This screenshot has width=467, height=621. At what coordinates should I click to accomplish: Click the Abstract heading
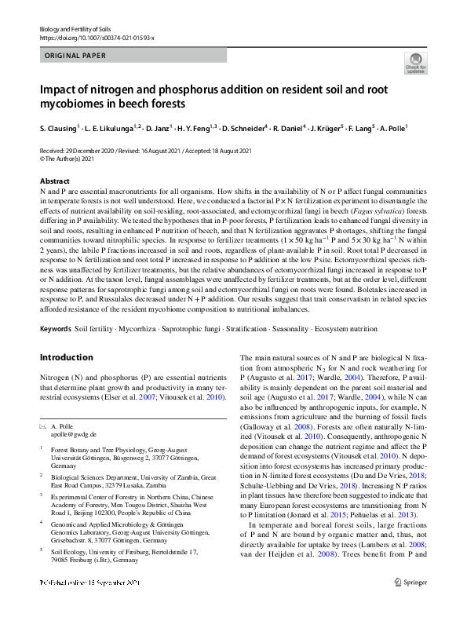pos(54,181)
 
